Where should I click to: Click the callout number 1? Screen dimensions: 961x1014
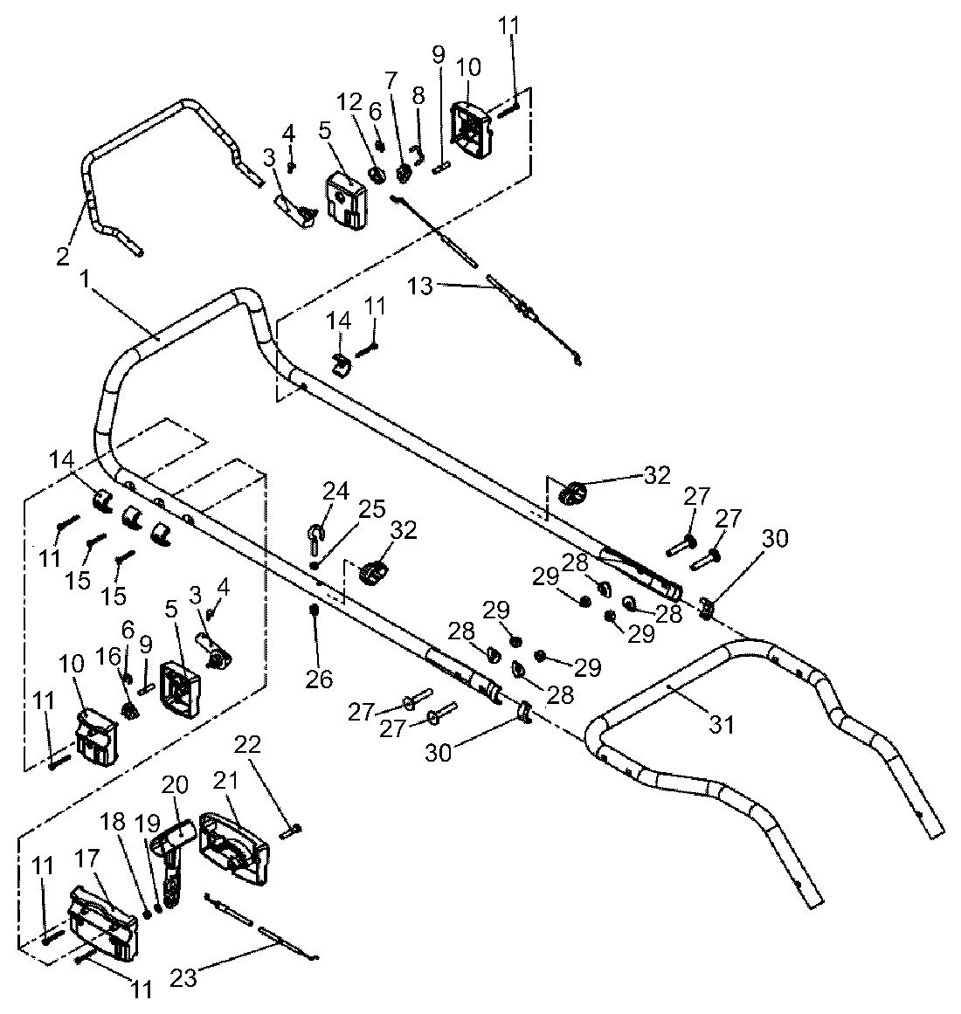84,280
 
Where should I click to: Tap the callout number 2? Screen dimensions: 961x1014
63,257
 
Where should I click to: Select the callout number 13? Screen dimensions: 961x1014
420,286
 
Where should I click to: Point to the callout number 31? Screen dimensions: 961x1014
721,724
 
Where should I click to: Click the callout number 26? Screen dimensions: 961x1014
319,679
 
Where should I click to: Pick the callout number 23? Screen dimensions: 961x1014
183,978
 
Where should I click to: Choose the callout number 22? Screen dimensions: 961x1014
247,745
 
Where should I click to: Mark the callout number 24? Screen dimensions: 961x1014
335,492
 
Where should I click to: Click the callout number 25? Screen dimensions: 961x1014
372,509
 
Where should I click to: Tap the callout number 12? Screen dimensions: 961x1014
349,102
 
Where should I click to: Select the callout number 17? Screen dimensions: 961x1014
87,859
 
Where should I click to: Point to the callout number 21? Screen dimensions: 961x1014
225,781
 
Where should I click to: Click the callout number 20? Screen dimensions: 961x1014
175,785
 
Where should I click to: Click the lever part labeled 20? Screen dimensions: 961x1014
173,863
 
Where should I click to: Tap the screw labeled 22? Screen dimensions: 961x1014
291,830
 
